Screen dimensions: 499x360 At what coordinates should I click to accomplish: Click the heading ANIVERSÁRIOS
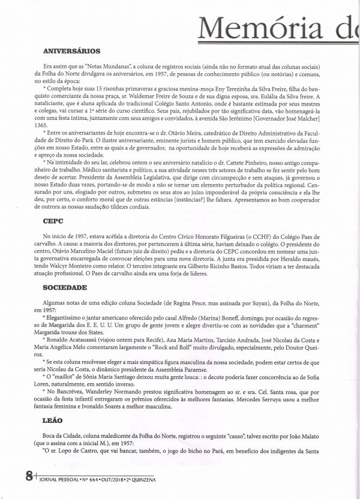tap(72, 51)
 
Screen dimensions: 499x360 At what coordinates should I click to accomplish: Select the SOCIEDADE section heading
tap(64, 288)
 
